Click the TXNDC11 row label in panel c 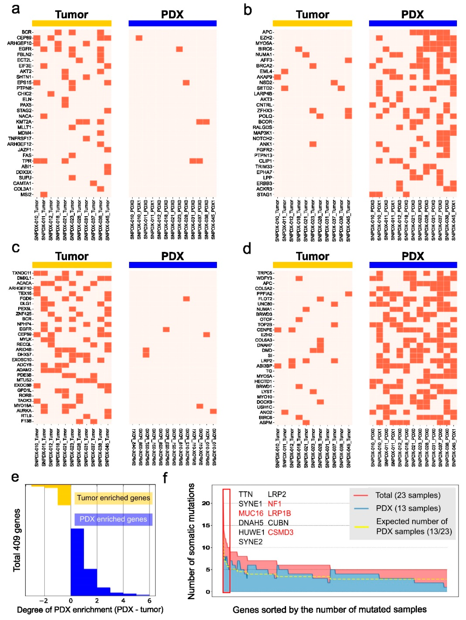(x=22, y=273)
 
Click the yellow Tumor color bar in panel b (x=312, y=23)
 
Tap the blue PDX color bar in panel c (x=173, y=265)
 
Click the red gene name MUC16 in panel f (x=251, y=513)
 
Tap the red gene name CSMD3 (x=280, y=532)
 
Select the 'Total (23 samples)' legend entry (x=408, y=495)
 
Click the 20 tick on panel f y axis (x=206, y=503)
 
